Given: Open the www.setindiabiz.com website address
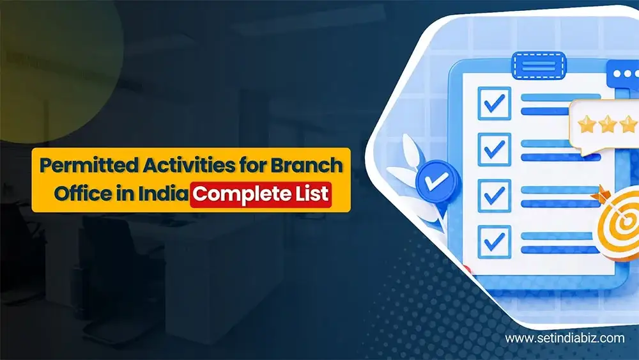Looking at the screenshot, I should [x=564, y=338].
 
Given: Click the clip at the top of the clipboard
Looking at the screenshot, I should [x=539, y=65].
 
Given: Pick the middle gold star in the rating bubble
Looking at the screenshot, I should [x=608, y=125].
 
